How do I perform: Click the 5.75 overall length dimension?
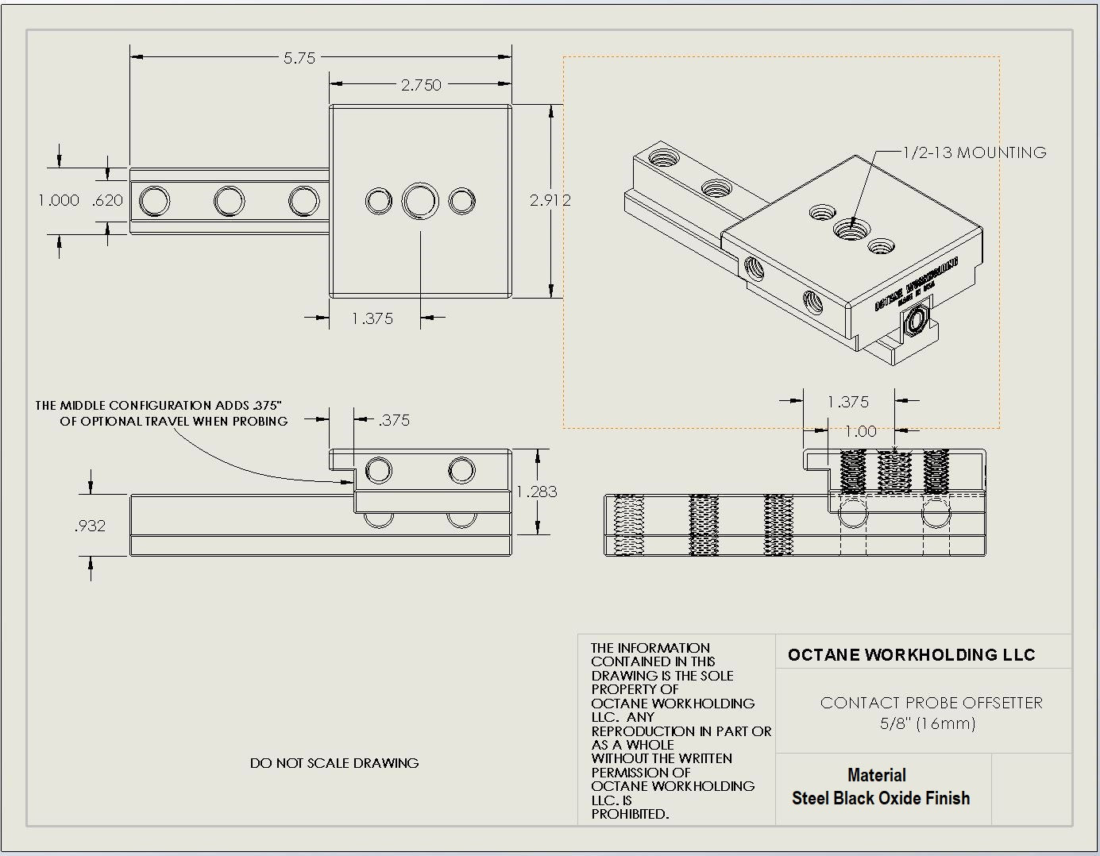click(x=299, y=58)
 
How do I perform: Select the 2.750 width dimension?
click(x=420, y=85)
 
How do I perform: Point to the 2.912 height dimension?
click(x=550, y=200)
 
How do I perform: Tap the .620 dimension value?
click(x=107, y=200)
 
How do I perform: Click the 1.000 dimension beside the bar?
click(x=59, y=200)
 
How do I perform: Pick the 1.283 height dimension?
click(x=537, y=492)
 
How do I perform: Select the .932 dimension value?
click(x=90, y=526)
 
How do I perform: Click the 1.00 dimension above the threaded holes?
click(x=860, y=431)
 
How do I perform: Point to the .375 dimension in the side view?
click(x=394, y=420)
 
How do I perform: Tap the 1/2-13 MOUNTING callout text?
click(x=975, y=152)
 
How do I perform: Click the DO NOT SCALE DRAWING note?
click(x=334, y=763)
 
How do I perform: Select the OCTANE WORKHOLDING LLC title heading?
click(x=911, y=655)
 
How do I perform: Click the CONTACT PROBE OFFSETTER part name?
click(x=931, y=703)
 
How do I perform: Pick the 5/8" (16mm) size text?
click(x=928, y=723)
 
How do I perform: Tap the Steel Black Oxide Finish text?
click(x=880, y=798)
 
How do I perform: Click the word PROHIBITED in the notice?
click(x=630, y=814)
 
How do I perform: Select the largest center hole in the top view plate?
click(x=419, y=201)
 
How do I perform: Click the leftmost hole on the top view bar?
click(x=154, y=201)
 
